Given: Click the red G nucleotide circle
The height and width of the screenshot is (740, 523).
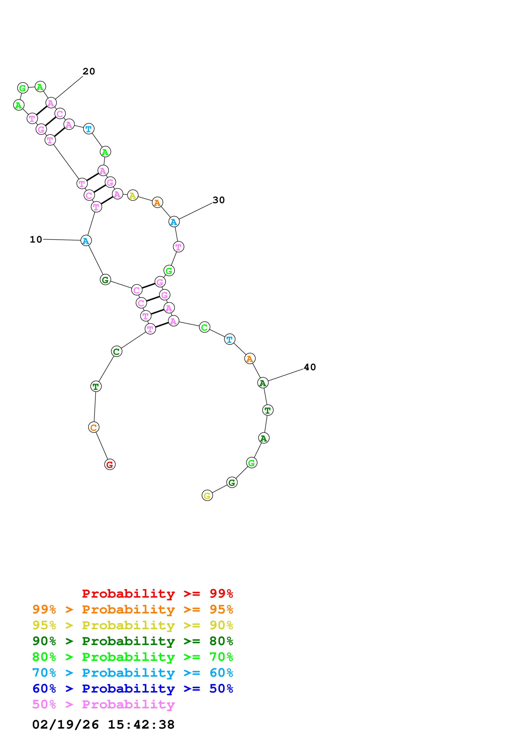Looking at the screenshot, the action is (110, 465).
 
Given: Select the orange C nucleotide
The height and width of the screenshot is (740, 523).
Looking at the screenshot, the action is (94, 427).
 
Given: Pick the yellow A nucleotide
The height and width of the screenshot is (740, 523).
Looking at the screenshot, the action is (133, 195).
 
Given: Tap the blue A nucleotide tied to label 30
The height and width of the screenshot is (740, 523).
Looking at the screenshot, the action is (174, 222).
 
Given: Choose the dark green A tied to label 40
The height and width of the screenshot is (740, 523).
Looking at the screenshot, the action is (263, 383).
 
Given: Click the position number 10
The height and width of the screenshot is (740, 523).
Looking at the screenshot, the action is (36, 239).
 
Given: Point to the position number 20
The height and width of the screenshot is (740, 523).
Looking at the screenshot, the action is (89, 71).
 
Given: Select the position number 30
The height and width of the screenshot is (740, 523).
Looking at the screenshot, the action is (219, 200).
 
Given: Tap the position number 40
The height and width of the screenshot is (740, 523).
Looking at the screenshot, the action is (310, 367).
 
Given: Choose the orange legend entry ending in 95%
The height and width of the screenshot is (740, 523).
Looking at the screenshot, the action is (133, 609).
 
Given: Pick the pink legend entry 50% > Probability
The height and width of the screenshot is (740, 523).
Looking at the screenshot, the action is (103, 705).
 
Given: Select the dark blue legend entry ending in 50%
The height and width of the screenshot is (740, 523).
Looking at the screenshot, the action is (133, 689).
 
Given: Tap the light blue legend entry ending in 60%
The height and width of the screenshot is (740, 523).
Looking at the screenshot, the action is (133, 673).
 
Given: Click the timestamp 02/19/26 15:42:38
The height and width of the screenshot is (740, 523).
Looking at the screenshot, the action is (103, 725).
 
